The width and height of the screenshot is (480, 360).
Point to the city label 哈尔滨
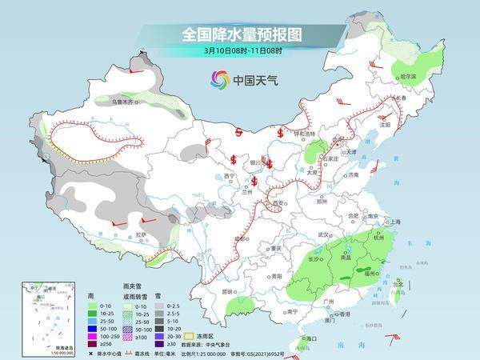coord(407,77)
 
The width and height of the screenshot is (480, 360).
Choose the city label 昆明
coord(207,290)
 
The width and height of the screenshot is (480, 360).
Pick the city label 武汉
coord(324,234)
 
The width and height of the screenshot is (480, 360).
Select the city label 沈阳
coord(386,125)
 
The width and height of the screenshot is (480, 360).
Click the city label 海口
coord(301,338)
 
